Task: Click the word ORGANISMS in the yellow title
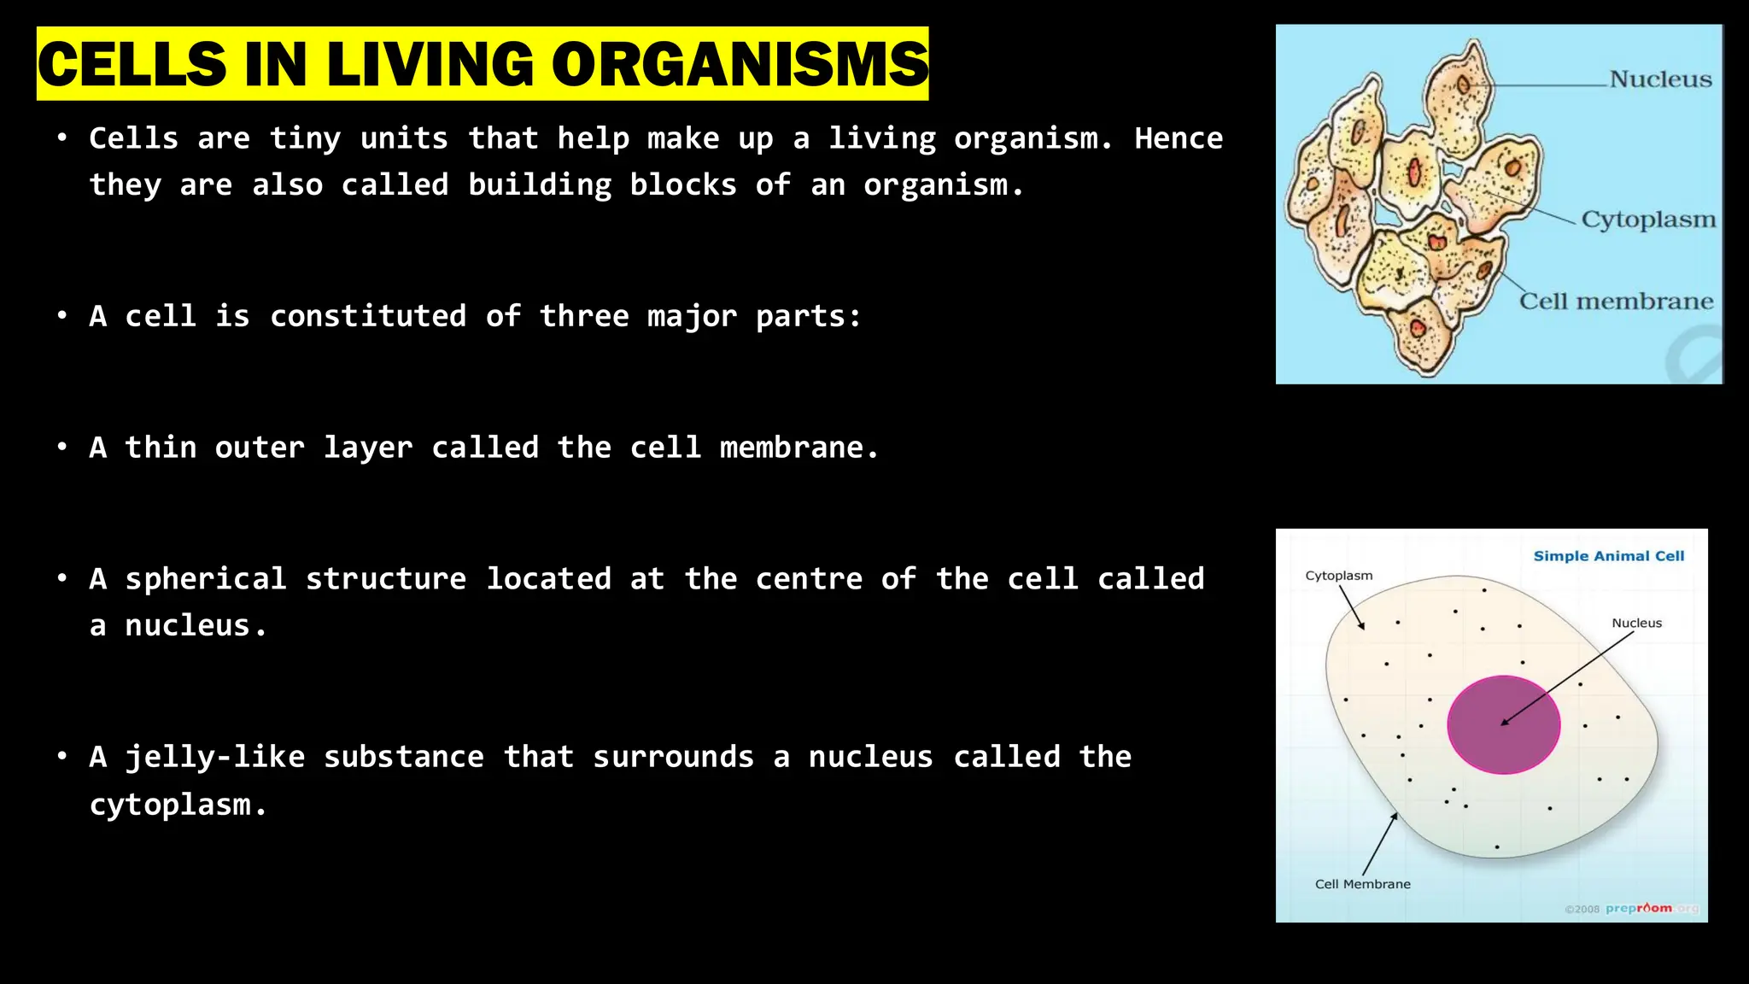[740, 64]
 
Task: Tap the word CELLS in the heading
[132, 64]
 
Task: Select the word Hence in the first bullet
[1179, 138]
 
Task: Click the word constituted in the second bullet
[368, 316]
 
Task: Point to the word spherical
[206, 579]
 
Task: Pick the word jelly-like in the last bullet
[215, 757]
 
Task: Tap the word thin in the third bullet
[161, 448]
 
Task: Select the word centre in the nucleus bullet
[809, 579]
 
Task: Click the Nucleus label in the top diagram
[1660, 79]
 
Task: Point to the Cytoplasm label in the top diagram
[1648, 220]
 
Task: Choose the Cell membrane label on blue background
[1616, 302]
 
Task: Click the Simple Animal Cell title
[1608, 556]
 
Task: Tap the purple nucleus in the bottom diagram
[1503, 724]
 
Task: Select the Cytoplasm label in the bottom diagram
[1338, 576]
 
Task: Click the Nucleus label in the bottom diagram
[1636, 624]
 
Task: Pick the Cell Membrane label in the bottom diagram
[1362, 884]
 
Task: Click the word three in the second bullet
[584, 316]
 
